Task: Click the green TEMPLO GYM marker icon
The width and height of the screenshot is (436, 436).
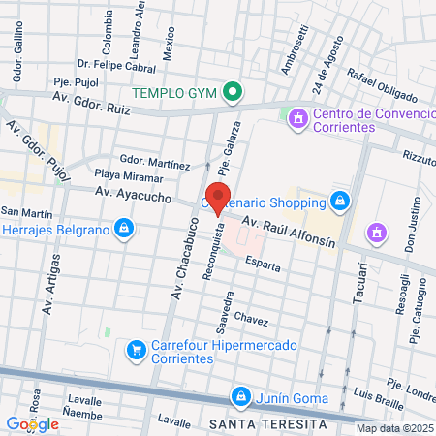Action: [x=232, y=94]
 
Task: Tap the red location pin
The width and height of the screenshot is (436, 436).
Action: [x=217, y=198]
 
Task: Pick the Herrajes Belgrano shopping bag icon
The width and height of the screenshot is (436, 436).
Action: [x=123, y=229]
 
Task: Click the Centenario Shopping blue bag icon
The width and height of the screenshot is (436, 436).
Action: [x=339, y=202]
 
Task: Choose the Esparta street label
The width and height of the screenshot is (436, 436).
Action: [x=263, y=263]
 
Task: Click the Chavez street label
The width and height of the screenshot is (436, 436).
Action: [x=250, y=318]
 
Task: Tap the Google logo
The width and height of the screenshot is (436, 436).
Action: [x=32, y=423]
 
